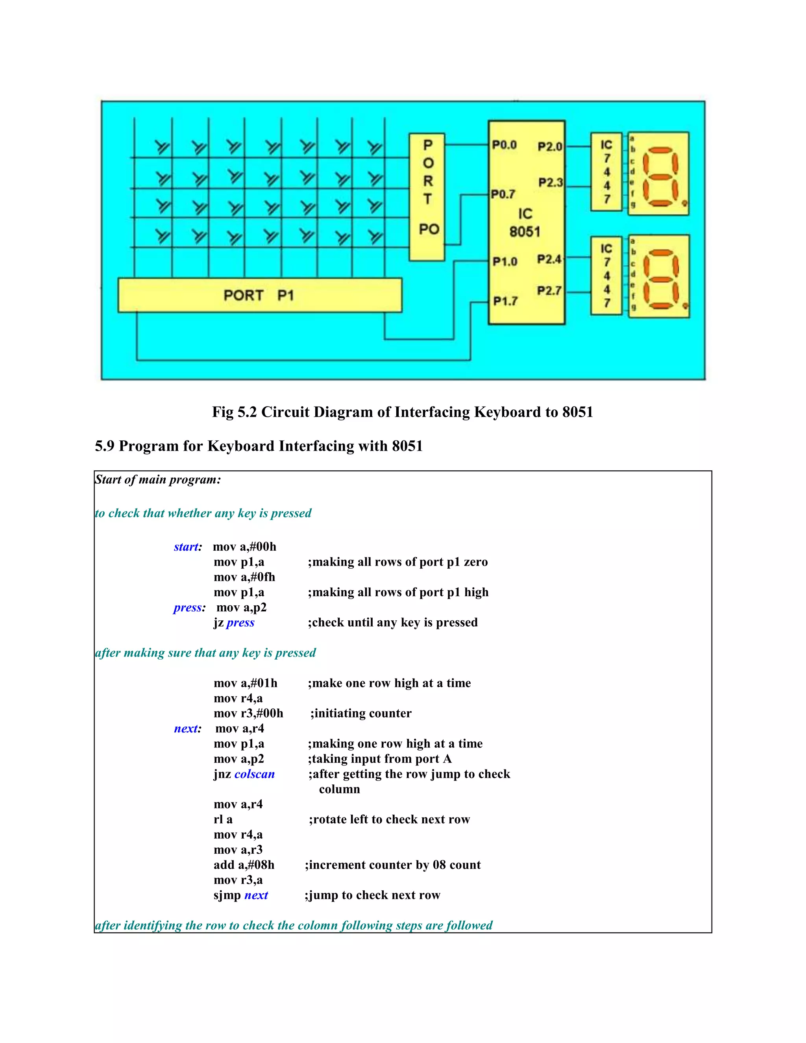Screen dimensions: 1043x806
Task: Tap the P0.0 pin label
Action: pos(504,145)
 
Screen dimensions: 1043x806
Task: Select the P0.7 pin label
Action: pos(503,194)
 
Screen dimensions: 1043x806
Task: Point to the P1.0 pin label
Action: pos(505,262)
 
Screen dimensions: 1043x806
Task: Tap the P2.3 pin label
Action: pos(551,183)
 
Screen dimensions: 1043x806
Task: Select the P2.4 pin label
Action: pos(549,259)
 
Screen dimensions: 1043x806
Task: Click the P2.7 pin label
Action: pos(549,291)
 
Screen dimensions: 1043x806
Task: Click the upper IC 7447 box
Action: pos(606,172)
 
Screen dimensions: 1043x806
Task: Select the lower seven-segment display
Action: pos(659,277)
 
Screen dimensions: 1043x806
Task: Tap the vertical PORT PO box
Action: pos(427,197)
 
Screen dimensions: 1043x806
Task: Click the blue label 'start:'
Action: pos(188,547)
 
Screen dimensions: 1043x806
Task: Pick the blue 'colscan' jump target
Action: pos(255,774)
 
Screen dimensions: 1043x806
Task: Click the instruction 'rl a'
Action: pos(223,819)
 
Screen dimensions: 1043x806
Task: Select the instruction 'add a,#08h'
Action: pos(244,865)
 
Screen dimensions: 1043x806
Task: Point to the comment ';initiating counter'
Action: pos(361,714)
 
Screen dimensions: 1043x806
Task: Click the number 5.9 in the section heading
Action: pos(105,446)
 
